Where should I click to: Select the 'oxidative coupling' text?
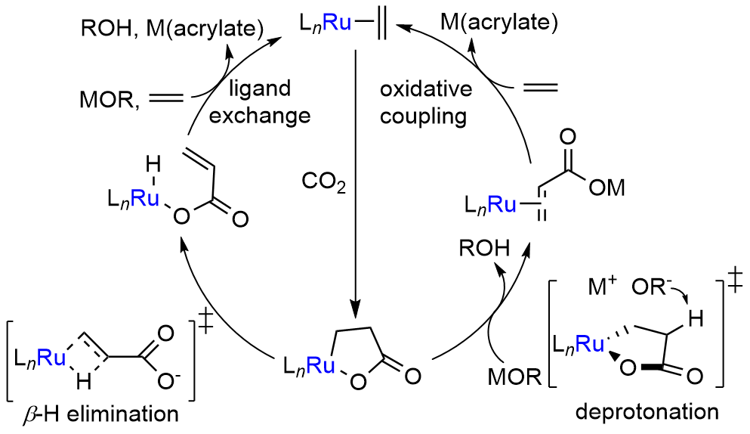point(426,102)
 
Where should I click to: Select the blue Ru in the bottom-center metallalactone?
point(312,367)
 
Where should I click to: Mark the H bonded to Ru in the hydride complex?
point(153,163)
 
